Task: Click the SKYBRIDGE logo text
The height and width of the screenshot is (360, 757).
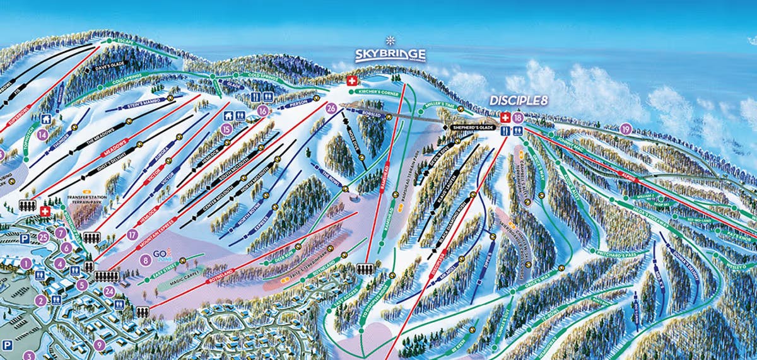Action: click(x=390, y=55)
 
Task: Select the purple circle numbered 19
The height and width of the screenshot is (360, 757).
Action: click(x=625, y=129)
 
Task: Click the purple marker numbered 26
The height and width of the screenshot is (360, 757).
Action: click(x=331, y=108)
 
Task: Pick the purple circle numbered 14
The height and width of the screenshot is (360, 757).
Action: click(x=42, y=134)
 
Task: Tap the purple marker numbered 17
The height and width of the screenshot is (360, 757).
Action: click(x=132, y=235)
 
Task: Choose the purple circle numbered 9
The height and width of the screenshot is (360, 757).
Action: click(x=99, y=344)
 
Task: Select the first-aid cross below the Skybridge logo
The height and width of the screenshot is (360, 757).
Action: click(x=351, y=81)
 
